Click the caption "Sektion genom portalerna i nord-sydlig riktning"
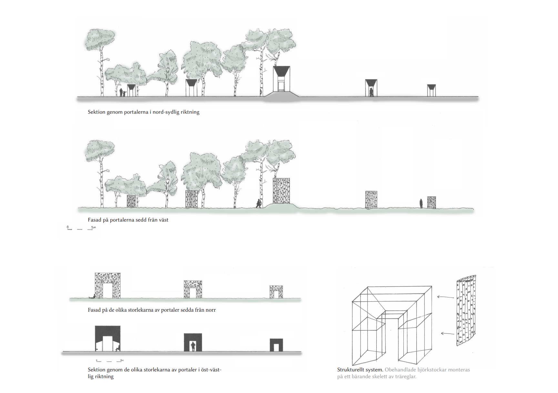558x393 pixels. coord(144,112)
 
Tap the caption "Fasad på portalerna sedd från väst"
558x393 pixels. coord(128,220)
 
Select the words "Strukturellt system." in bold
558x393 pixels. coord(360,370)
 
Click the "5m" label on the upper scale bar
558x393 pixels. coord(93,227)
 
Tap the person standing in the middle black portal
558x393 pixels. coord(193,346)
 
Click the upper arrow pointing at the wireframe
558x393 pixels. coord(445,297)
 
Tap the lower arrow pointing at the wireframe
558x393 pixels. coord(447,333)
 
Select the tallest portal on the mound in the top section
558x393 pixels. coord(281,79)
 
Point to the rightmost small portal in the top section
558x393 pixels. coord(431,90)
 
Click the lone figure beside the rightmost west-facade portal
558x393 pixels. coord(421,203)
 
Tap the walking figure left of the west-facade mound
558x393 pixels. coord(259,203)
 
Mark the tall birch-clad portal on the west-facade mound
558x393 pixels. coord(281,191)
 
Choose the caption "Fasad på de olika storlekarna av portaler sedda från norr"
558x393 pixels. coord(152,310)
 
